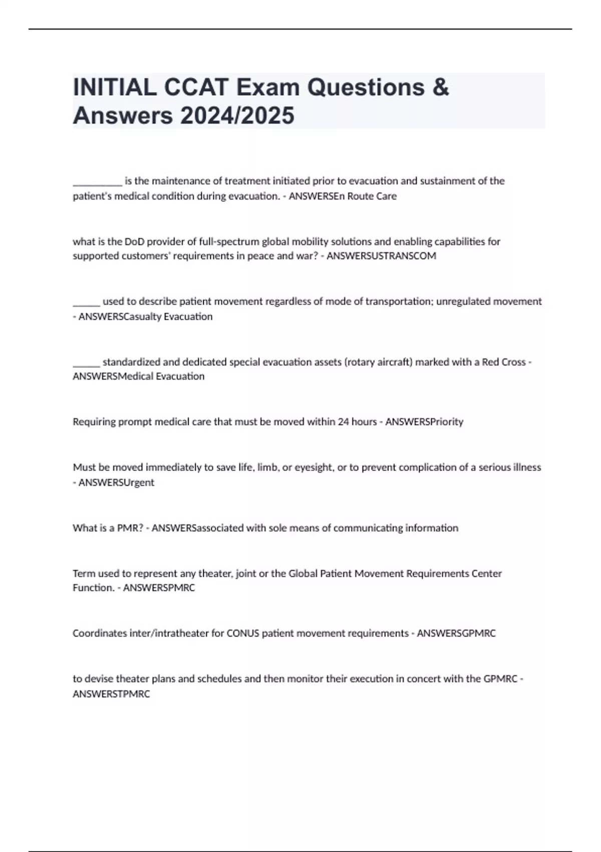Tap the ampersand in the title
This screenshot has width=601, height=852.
click(x=440, y=88)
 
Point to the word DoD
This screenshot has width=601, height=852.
click(x=134, y=242)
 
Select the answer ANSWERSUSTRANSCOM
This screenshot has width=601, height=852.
click(x=381, y=256)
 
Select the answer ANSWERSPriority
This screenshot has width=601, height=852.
click(x=424, y=421)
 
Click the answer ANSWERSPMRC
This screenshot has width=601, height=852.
click(x=159, y=587)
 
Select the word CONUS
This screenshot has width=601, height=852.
click(x=243, y=633)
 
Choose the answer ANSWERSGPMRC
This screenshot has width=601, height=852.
click(x=456, y=633)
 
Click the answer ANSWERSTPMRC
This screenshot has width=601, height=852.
click(x=111, y=694)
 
